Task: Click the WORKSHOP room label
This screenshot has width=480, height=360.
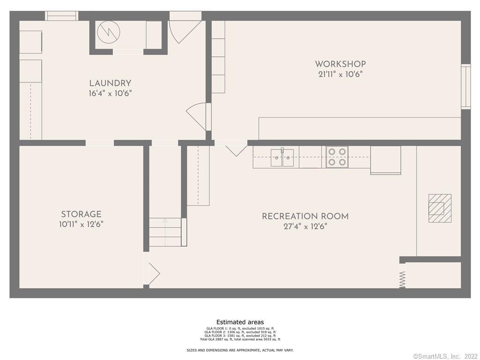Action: pyautogui.click(x=340, y=64)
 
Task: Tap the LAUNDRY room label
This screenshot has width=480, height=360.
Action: pyautogui.click(x=110, y=83)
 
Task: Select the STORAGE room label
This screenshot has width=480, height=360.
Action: pyautogui.click(x=81, y=215)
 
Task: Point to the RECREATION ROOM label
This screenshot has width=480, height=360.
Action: pyautogui.click(x=305, y=217)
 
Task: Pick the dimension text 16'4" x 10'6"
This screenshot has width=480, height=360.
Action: pyautogui.click(x=110, y=93)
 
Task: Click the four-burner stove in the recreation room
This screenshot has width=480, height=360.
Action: pyautogui.click(x=337, y=157)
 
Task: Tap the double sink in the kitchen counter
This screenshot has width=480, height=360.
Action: pyautogui.click(x=283, y=157)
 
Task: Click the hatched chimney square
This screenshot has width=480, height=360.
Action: pyautogui.click(x=440, y=208)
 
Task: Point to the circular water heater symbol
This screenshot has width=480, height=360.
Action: pyautogui.click(x=109, y=32)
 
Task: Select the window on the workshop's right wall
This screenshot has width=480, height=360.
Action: pyautogui.click(x=465, y=87)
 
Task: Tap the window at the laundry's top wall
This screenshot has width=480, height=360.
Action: pyautogui.click(x=61, y=15)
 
